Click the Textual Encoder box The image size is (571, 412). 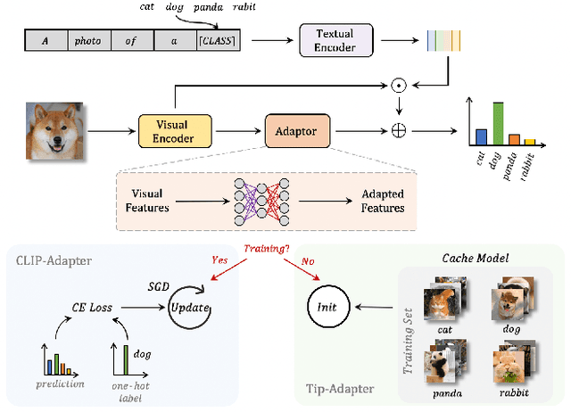(x=335, y=40)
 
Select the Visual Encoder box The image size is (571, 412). (x=176, y=130)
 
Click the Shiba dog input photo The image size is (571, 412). (x=53, y=130)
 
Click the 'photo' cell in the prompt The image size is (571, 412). (x=88, y=41)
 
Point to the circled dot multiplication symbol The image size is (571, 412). (x=399, y=87)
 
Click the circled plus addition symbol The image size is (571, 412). (x=399, y=130)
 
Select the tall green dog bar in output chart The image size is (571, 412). (x=498, y=123)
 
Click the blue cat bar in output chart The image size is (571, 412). (x=482, y=136)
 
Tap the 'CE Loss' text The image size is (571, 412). (x=91, y=307)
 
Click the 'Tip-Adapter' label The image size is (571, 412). (x=337, y=389)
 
